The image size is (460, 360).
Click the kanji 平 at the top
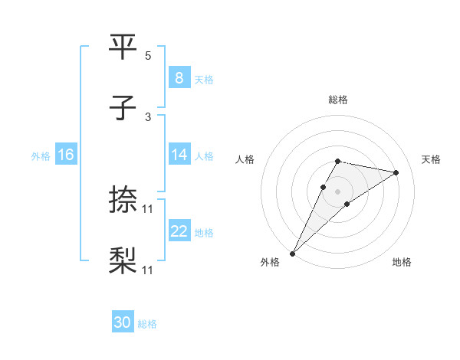click(x=123, y=47)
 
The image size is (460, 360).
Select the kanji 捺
click(x=123, y=201)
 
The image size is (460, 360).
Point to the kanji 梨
click(x=123, y=261)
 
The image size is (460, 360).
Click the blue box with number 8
click(x=179, y=78)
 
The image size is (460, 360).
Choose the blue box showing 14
click(x=179, y=155)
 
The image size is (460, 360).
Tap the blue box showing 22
click(x=179, y=231)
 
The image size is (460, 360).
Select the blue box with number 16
click(x=66, y=155)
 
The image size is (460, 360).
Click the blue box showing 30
click(x=123, y=323)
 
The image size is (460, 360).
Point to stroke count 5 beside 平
click(x=148, y=56)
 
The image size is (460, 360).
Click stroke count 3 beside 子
click(x=148, y=117)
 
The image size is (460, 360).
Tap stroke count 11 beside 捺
click(x=148, y=209)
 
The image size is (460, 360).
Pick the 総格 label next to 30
click(x=147, y=324)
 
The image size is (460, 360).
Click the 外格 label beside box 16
click(x=41, y=155)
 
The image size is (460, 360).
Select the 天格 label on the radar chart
click(x=432, y=159)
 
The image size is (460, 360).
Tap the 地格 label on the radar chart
click(x=402, y=263)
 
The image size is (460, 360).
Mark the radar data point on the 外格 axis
click(x=292, y=253)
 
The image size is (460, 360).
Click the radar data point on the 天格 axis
click(x=396, y=172)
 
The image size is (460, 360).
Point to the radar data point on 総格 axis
click(x=337, y=161)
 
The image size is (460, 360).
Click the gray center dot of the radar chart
click(x=337, y=191)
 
